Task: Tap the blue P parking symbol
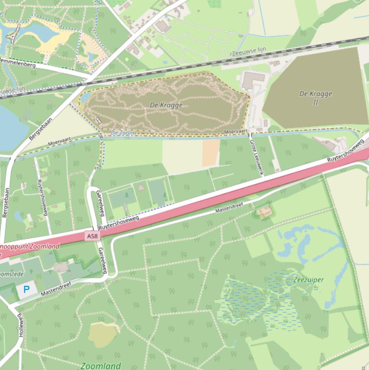point(26,289)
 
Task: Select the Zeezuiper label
point(308,280)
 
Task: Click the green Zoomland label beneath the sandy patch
point(101,366)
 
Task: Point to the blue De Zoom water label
point(122,133)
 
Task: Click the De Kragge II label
point(315,98)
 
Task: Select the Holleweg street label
point(21,325)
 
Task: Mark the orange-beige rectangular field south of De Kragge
point(211,153)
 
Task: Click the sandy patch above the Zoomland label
point(103,333)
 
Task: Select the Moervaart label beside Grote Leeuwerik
point(235,131)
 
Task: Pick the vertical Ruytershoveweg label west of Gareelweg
point(42,197)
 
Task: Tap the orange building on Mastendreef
point(263,211)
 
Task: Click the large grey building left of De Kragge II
point(253,80)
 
